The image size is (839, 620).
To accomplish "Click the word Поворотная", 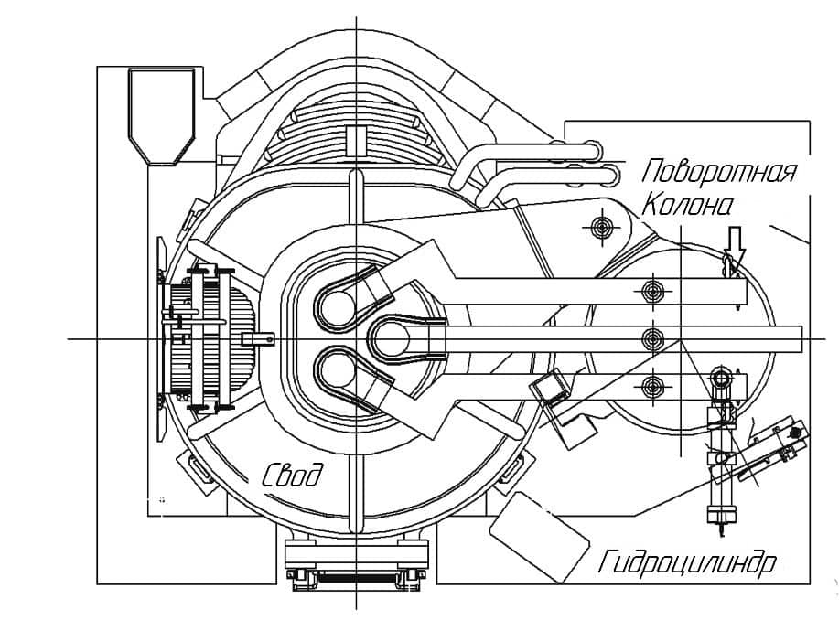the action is pos(718,172).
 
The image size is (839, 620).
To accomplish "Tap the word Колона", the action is pos(686,205).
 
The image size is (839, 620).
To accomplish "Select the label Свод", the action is pos(293,474).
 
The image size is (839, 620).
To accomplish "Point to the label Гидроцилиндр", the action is pos(687,562).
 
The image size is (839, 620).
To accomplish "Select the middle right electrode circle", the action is pos(392,338).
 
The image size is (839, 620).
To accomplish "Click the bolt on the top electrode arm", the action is pos(651,291).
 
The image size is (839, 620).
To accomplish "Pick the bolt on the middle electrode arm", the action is pos(651,338).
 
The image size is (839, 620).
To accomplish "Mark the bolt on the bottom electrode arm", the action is pos(651,385).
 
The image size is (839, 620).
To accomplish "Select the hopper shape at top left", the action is pos(162,116).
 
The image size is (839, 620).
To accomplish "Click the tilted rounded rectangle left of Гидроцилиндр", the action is pos(540,536).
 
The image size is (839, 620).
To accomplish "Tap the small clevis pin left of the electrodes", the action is pos(258,338).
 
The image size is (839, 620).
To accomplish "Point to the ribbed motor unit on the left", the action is pos(211,338).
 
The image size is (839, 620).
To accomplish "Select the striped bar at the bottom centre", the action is pos(356,578).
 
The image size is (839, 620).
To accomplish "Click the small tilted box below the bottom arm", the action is pos(547,386).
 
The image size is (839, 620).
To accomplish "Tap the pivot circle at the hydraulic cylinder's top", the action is pos(722,379).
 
